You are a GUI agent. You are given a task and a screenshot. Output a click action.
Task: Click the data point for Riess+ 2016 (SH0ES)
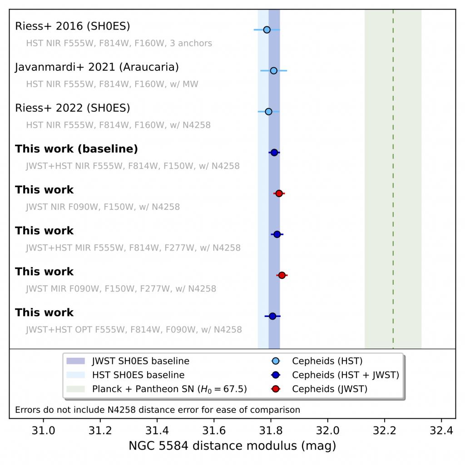coord(267,30)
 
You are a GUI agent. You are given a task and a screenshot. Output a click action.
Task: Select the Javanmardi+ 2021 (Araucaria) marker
coord(273,70)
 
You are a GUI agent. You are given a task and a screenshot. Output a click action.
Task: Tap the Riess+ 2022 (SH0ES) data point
coord(268,111)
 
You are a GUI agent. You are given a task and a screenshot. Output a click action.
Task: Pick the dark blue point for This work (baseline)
coord(274,153)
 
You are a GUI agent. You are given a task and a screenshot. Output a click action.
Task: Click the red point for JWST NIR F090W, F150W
coord(279,193)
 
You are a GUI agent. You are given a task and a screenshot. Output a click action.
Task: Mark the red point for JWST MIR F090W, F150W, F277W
coord(282,275)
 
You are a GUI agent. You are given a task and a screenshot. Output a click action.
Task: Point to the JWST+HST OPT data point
coord(272,316)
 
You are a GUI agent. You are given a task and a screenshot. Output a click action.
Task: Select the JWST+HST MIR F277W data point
coord(277,234)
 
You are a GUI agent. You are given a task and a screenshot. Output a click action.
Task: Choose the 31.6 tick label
coord(214,429)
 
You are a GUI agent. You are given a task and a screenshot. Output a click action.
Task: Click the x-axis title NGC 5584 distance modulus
coord(232,446)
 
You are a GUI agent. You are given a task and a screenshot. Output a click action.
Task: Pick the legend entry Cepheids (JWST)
coord(329,389)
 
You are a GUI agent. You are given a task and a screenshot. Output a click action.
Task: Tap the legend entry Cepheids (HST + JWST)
coord(345,375)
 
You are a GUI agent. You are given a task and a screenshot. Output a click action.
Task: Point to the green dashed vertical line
coord(393,182)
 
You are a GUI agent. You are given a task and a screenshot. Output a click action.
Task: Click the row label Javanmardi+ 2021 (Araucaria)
coord(97,67)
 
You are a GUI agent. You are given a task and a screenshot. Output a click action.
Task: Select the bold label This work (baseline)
coord(76,149)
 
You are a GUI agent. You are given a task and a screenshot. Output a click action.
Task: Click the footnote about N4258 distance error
coord(158,410)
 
